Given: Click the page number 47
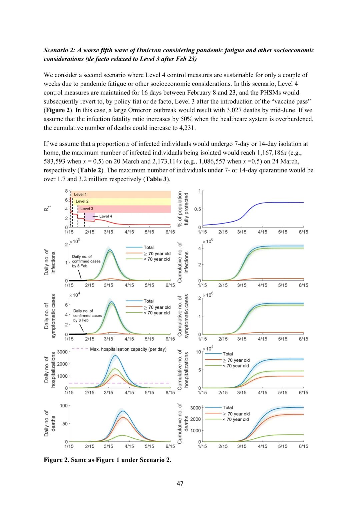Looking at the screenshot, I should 180,483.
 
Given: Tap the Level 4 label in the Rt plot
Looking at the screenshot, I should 105,216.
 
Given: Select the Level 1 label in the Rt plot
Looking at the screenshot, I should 80,194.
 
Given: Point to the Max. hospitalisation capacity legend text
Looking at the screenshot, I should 128,349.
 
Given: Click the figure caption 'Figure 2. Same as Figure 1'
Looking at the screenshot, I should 107,460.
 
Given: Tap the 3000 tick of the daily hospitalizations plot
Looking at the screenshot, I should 62,352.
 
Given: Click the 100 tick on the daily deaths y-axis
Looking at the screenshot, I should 64,405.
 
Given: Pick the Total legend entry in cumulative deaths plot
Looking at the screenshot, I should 228,407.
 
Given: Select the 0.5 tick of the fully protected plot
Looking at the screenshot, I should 198,209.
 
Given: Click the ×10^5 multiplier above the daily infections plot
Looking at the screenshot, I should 75,241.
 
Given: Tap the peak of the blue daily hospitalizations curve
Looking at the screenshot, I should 115,355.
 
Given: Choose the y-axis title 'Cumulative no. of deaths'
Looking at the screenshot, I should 183,424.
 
